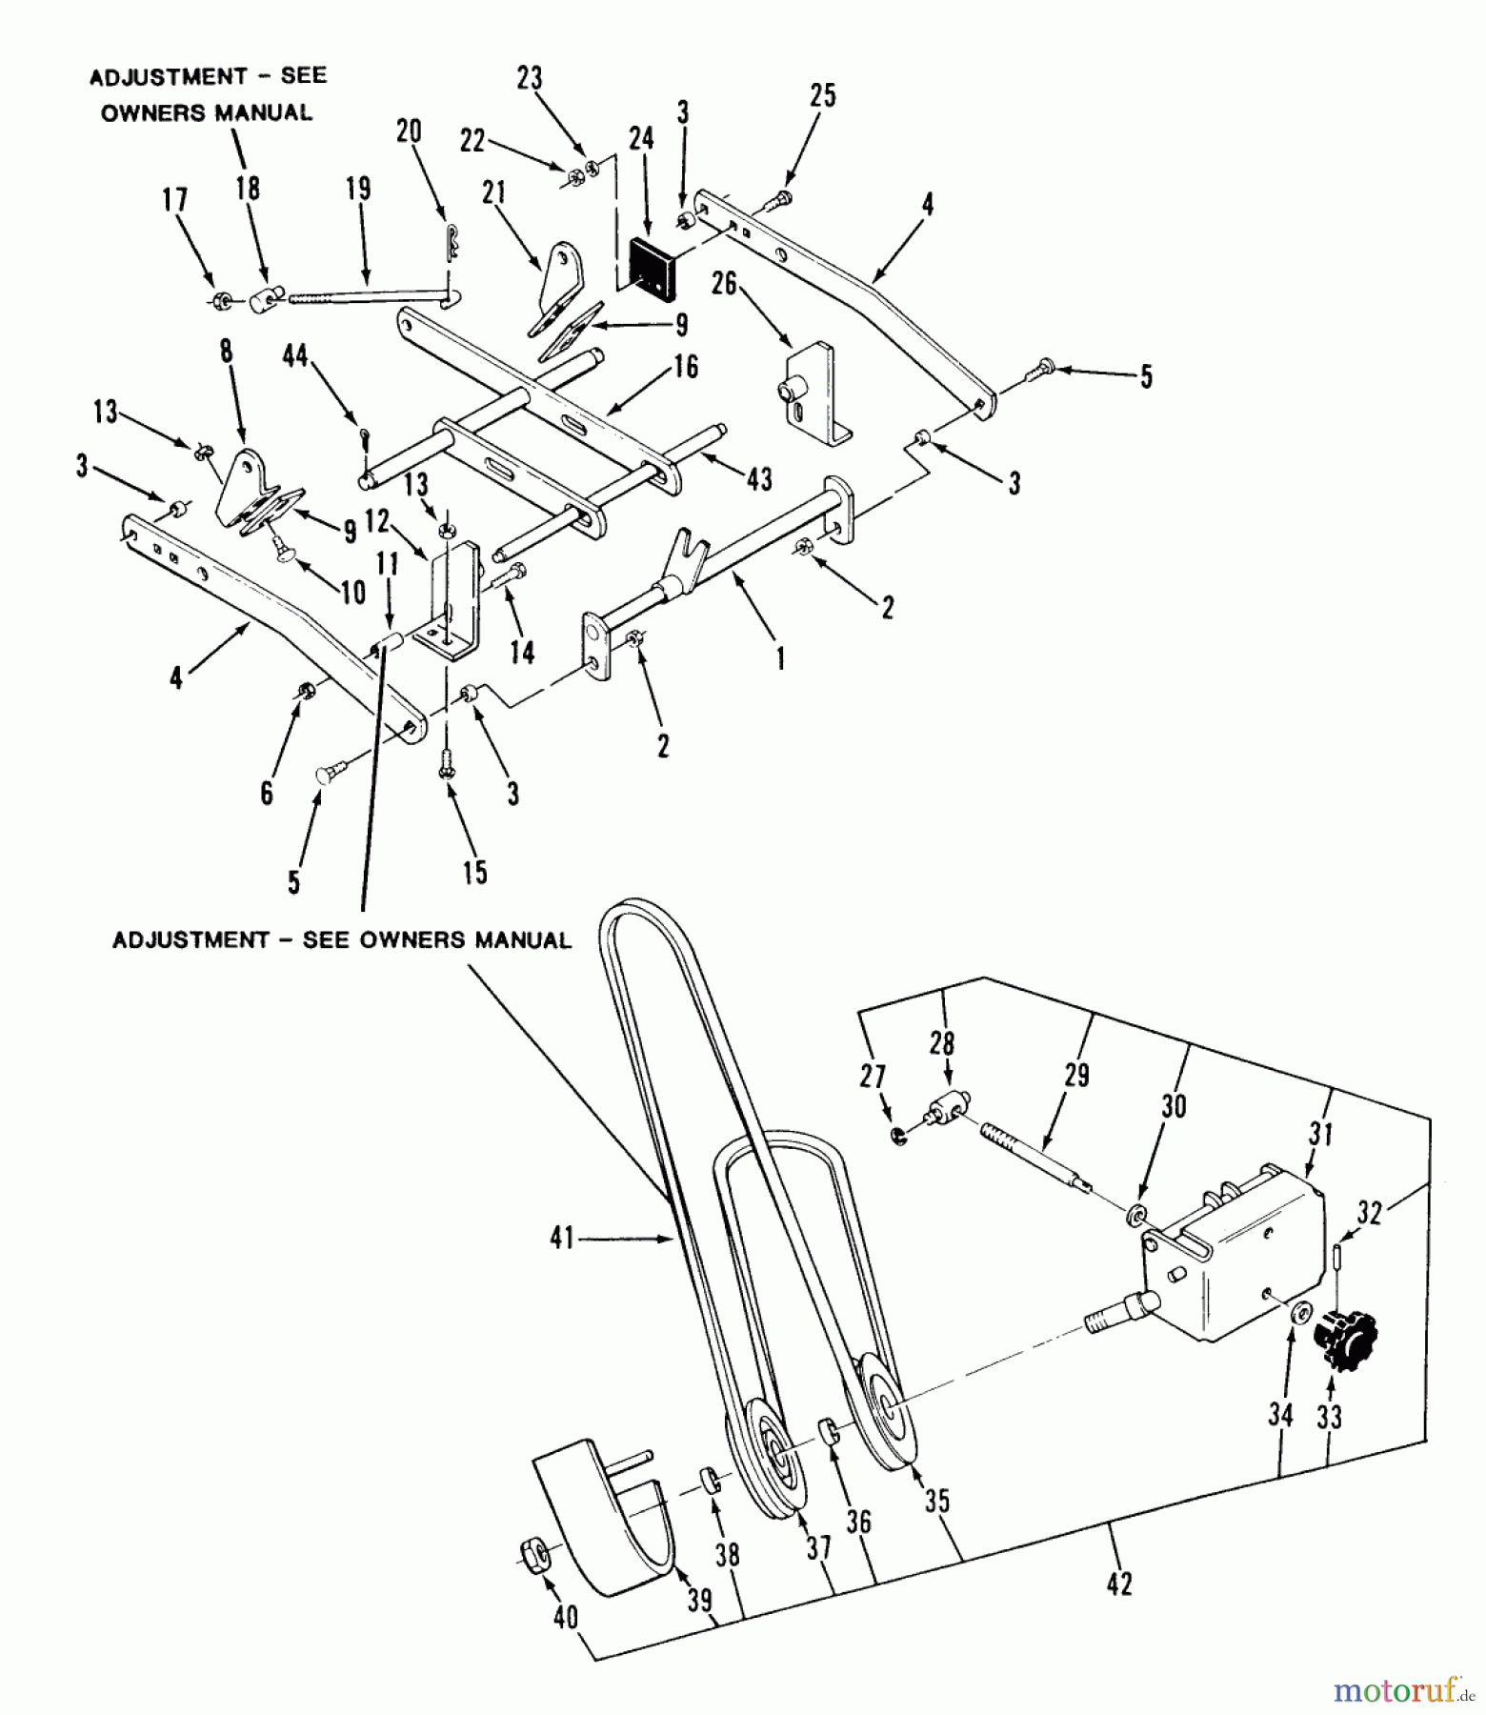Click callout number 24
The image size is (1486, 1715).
641,138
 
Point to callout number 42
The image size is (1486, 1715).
1120,1584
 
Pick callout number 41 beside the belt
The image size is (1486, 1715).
562,1238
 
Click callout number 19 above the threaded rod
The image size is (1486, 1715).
358,189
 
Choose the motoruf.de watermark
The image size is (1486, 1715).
1397,1691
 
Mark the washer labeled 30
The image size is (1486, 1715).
1135,1216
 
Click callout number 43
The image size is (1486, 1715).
759,479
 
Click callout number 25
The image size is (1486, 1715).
822,95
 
